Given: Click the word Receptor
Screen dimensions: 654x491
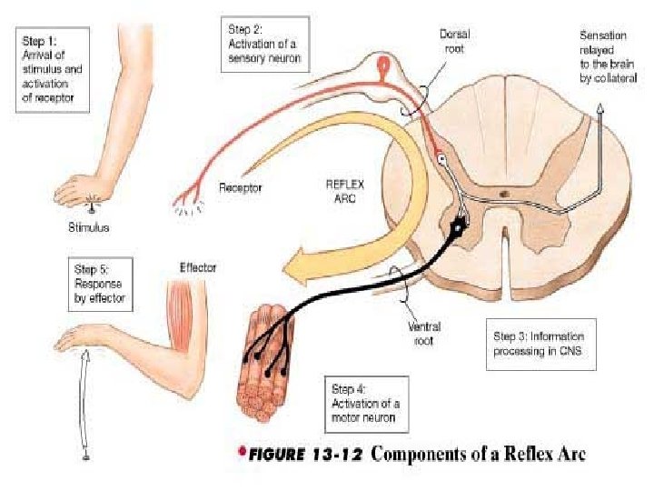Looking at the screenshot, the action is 240,188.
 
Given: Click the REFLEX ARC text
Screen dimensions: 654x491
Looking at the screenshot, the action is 344,188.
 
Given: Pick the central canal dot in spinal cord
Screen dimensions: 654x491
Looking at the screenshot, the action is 504,193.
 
